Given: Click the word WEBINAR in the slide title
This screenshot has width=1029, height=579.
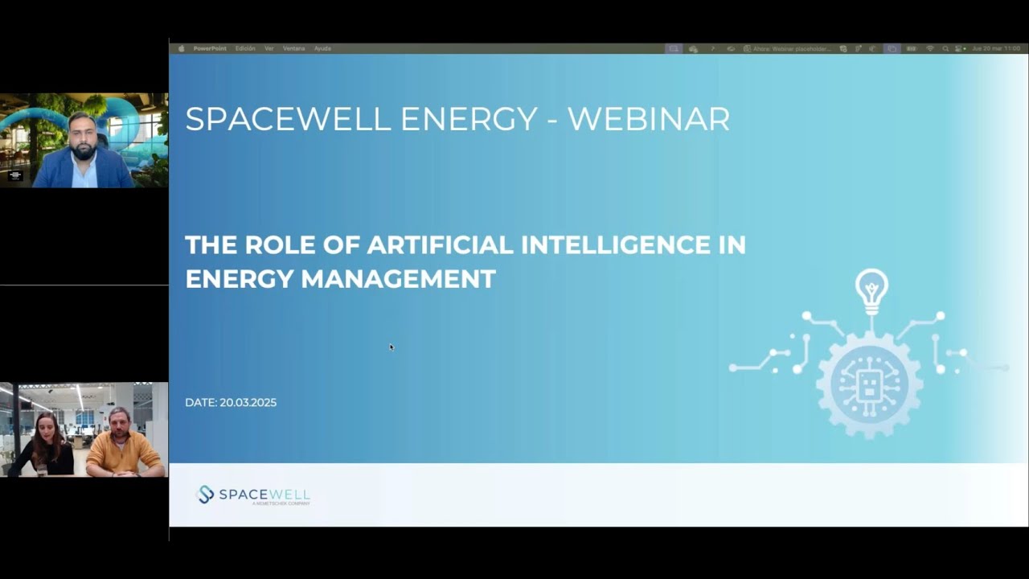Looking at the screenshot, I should (649, 119).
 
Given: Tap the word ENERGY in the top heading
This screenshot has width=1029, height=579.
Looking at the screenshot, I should (469, 119).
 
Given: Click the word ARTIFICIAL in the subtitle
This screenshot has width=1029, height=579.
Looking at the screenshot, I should (439, 244).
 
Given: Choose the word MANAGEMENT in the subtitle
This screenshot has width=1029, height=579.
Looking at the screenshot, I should (398, 279).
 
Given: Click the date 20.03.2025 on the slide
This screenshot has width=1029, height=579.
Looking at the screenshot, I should (248, 402).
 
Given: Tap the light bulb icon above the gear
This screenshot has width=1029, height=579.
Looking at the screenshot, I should (871, 290).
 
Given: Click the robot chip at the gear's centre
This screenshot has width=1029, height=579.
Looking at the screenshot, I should (869, 385).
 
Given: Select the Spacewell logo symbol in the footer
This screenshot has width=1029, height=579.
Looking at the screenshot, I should (206, 495).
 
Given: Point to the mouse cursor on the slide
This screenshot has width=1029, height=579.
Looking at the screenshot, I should (392, 347).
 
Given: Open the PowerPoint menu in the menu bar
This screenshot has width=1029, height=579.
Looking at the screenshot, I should (210, 48).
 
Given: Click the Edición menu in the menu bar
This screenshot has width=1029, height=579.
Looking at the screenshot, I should (245, 48).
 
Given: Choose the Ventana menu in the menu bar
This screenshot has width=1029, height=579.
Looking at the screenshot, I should (293, 48).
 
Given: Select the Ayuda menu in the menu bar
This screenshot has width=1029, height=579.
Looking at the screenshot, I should (322, 48).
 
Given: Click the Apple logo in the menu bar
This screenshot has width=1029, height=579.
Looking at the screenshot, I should (181, 48).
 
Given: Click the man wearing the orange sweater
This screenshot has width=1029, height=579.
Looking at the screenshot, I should (121, 444).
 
